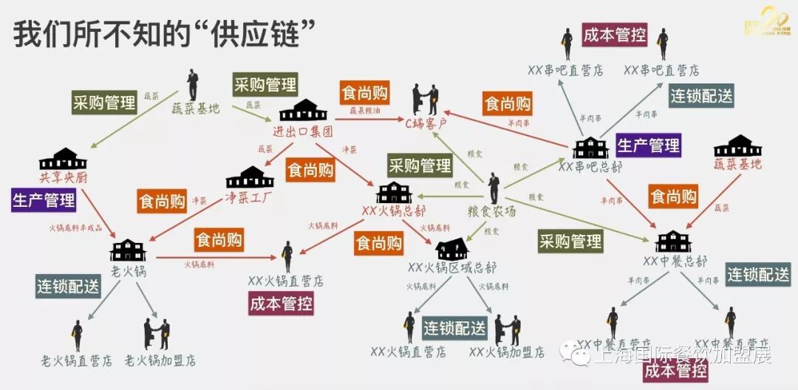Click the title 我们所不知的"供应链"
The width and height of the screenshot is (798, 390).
(165, 34)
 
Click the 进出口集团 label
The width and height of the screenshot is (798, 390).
(303, 132)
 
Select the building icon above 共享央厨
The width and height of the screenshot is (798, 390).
(63, 158)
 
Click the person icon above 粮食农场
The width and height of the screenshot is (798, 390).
(493, 188)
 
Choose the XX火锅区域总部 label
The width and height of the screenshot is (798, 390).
(452, 267)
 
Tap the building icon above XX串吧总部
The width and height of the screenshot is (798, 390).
(590, 146)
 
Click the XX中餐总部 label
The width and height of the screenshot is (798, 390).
(675, 261)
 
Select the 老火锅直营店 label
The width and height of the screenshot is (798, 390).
(77, 361)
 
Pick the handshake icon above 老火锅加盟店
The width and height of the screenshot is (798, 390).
(157, 334)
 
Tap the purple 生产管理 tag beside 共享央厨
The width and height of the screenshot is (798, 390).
(44, 199)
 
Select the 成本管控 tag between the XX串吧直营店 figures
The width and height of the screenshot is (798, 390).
(615, 35)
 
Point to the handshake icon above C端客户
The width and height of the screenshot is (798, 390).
(425, 98)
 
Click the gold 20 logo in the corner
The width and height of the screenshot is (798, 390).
(764, 25)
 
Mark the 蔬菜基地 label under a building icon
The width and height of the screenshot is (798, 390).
(737, 164)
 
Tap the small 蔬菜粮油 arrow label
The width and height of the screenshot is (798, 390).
(365, 111)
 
